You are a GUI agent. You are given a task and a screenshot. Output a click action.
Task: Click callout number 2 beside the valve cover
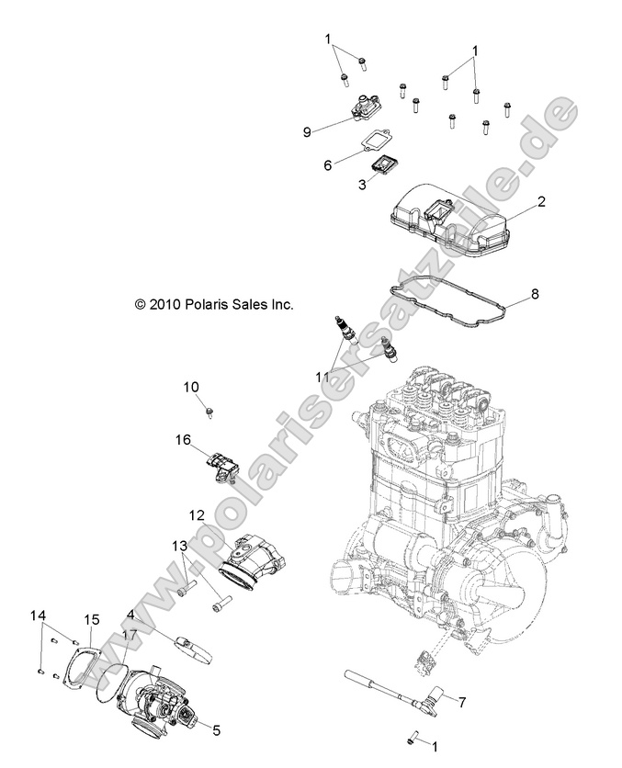542,200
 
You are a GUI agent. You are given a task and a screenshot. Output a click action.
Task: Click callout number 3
336,185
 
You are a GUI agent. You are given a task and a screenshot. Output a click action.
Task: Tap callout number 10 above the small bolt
191,389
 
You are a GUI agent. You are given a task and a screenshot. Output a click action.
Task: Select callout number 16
184,440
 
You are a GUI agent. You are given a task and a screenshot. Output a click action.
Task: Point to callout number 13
178,546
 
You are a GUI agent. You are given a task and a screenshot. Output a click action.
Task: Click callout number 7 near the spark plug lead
461,703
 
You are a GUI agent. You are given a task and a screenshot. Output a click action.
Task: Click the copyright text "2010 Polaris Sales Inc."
213,303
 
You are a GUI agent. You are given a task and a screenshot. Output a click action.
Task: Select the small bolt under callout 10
209,408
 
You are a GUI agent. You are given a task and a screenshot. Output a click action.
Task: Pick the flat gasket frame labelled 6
373,141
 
